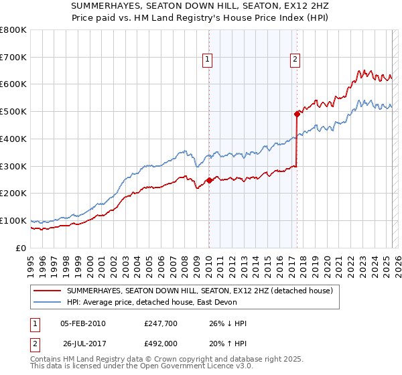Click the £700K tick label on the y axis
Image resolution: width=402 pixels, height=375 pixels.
click(13, 58)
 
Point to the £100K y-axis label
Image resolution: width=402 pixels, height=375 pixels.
click(13, 220)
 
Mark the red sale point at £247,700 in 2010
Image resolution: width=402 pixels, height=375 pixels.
click(209, 180)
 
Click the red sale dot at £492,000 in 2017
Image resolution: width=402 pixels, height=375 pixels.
click(297, 114)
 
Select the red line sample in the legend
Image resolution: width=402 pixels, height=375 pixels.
click(47, 291)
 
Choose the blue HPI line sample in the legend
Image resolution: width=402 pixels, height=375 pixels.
click(47, 302)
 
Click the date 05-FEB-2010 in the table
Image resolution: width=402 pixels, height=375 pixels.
click(82, 323)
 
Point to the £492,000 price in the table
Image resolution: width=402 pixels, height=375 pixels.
click(160, 343)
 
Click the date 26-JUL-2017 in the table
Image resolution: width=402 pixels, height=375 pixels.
click(82, 343)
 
